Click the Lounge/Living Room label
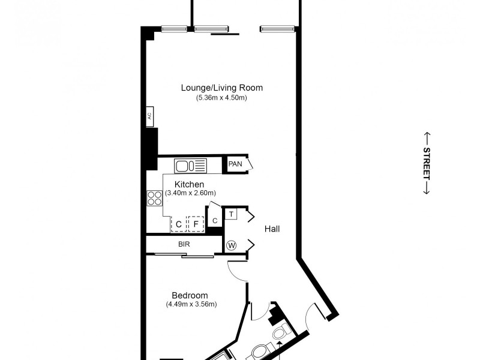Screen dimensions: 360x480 222,88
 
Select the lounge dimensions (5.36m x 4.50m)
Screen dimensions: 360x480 222,98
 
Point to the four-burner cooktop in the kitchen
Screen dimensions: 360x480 154,197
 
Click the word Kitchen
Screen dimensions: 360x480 190,184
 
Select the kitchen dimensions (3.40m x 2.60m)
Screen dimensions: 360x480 190,193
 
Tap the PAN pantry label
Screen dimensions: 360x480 235,164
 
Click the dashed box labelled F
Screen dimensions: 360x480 195,224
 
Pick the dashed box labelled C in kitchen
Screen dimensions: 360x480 178,224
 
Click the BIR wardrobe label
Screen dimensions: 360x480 184,245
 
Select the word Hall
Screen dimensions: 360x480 272,229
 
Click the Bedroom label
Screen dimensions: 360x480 190,295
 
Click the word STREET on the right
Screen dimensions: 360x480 427,163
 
